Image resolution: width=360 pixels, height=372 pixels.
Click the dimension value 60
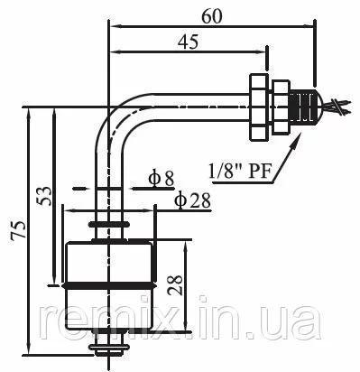[x=212, y=16]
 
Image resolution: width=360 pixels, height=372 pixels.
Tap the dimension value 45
[x=188, y=42]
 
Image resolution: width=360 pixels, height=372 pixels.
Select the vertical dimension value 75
[x=19, y=230]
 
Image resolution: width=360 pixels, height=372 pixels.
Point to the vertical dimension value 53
[x=44, y=196]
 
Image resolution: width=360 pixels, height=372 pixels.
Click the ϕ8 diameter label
[x=161, y=179]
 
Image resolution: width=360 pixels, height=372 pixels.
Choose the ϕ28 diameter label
[x=192, y=200]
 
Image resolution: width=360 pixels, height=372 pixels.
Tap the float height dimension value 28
[x=175, y=284]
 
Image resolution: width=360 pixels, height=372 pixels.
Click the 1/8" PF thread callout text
[x=241, y=172]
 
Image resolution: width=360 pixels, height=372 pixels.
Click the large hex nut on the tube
[x=258, y=107]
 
